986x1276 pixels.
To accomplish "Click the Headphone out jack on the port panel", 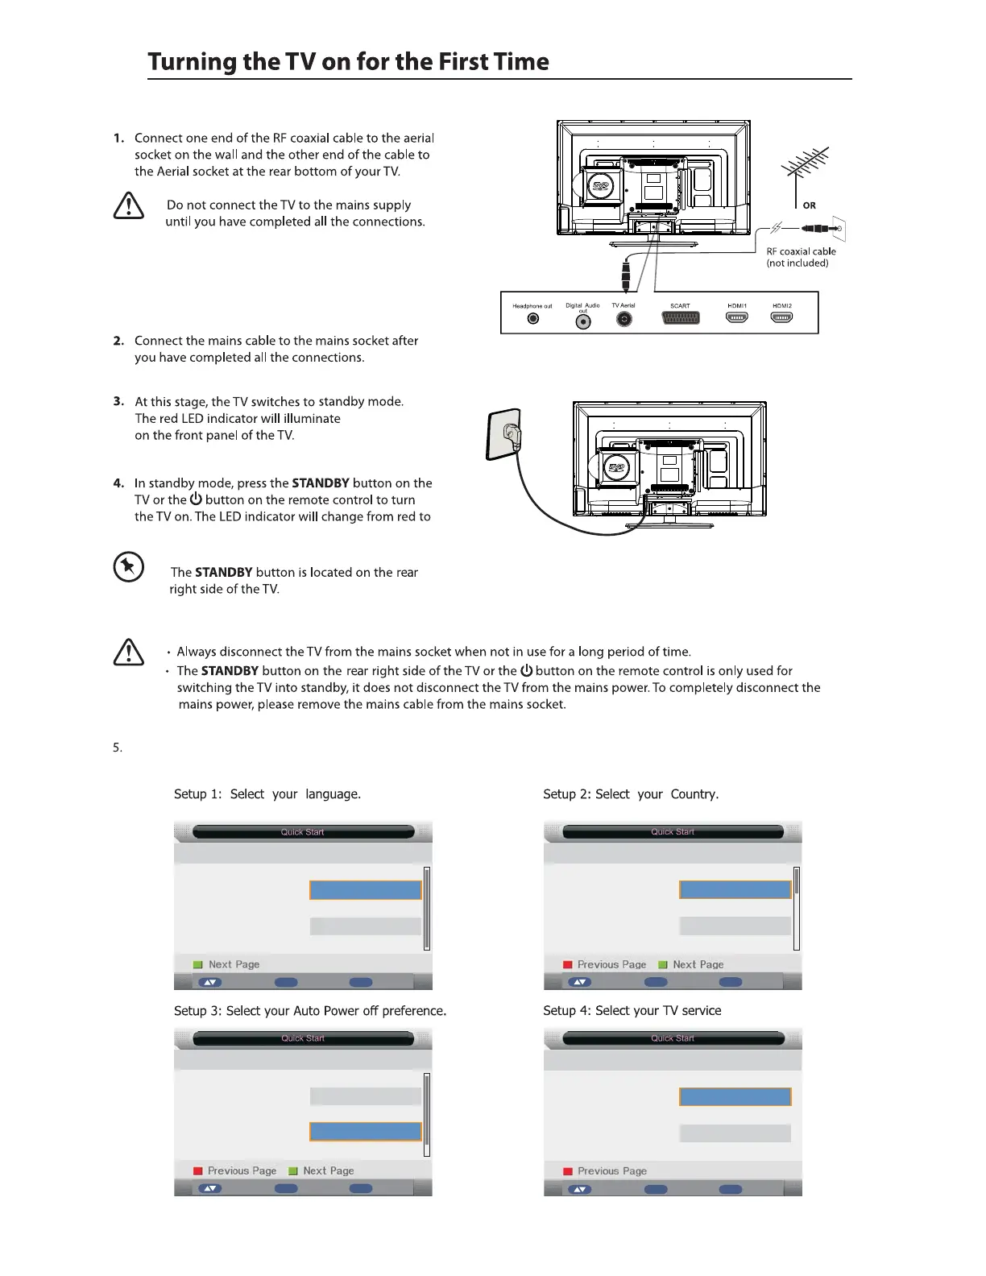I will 532,319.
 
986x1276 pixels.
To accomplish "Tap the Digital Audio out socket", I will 584,321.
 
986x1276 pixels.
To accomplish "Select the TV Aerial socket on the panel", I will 623,319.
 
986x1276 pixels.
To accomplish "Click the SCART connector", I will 680,318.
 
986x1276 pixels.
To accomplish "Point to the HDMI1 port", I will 736,317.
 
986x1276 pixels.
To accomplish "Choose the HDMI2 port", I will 781,317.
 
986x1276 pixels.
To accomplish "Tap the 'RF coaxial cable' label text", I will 801,251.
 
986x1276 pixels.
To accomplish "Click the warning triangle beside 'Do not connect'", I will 129,206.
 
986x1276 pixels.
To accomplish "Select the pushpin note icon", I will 128,567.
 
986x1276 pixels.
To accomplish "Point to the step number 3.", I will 118,401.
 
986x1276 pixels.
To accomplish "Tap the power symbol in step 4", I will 196,499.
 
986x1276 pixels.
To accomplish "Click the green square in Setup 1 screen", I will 197,964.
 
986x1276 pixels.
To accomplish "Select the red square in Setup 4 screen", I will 567,1171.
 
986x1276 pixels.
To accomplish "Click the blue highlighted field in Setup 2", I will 735,889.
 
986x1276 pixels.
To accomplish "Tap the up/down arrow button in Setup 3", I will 209,1188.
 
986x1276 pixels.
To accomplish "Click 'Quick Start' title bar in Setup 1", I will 303,832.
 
